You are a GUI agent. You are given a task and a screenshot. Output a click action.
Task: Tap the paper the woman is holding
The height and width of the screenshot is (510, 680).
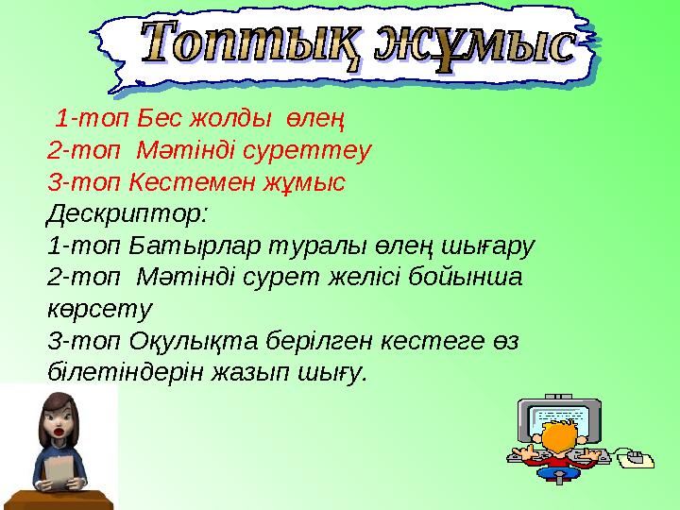click(59, 471)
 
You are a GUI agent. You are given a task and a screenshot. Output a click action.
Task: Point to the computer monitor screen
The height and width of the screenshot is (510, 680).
click(565, 416)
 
